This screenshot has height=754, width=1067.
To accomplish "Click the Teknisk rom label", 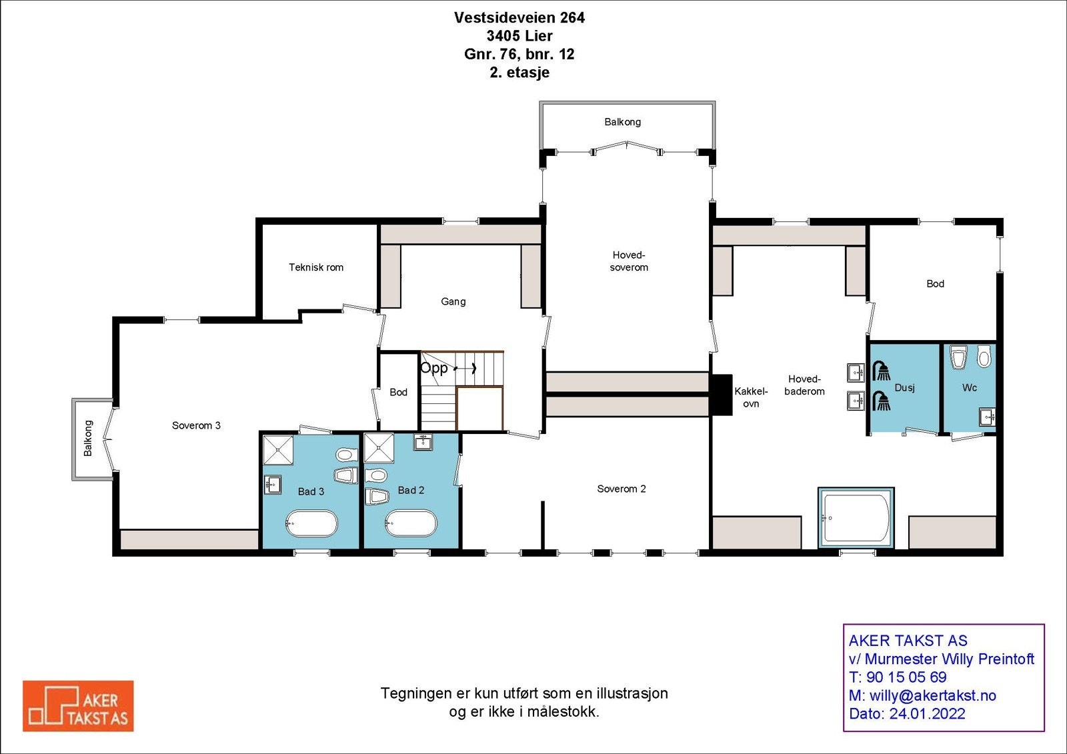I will [316, 267].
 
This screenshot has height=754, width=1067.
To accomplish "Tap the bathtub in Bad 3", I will [311, 523].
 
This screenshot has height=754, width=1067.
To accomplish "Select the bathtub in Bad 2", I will [411, 523].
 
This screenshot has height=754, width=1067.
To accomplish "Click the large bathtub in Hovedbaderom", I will [856, 517].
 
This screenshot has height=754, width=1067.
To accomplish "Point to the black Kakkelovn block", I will [720, 395].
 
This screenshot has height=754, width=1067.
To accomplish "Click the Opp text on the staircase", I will [433, 368].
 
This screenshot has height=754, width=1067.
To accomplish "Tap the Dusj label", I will [904, 387].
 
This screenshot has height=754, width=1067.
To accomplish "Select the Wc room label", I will [969, 387].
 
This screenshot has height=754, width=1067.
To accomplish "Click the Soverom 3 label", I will [196, 425].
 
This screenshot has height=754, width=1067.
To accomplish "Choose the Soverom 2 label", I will [621, 489].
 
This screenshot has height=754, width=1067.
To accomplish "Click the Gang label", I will [453, 301].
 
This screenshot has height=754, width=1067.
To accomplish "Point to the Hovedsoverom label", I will [629, 261].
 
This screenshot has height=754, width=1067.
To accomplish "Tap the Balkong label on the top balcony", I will [622, 122].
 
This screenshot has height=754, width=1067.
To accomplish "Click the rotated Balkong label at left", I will [88, 438].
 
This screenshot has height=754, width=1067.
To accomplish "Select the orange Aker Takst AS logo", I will [78, 706].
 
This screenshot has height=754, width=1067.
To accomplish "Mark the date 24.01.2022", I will [927, 713].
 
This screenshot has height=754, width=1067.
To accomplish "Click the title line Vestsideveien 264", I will [519, 18].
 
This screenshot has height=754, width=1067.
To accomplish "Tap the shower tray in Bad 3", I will [278, 450].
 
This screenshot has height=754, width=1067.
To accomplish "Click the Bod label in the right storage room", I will [935, 284].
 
